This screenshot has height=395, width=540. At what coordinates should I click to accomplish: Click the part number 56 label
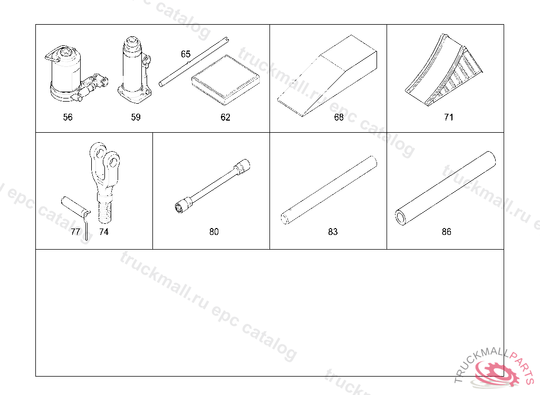click(68, 117)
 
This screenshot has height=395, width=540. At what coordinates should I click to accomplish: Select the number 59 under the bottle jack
click(136, 117)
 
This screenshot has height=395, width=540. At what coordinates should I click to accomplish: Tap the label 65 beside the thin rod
click(186, 54)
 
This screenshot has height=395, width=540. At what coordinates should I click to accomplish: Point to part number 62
click(225, 117)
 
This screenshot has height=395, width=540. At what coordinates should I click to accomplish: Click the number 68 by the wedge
click(339, 117)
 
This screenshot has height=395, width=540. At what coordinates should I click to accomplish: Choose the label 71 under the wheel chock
click(449, 117)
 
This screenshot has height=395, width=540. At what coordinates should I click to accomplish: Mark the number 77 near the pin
click(75, 232)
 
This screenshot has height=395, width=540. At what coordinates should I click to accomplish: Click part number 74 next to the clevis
click(104, 232)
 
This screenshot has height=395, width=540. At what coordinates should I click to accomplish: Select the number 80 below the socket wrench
click(214, 232)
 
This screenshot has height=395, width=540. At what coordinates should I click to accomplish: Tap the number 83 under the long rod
click(333, 232)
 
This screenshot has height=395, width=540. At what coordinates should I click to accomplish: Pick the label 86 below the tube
click(446, 232)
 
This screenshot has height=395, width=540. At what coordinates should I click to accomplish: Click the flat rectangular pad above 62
click(225, 80)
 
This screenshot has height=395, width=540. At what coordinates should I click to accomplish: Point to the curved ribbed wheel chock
click(443, 70)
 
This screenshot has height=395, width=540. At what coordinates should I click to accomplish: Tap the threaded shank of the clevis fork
click(104, 208)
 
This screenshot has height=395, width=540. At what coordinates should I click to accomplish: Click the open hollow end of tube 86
click(401, 218)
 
